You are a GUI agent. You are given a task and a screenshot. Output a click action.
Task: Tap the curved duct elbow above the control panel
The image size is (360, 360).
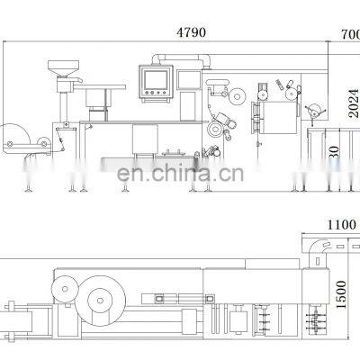[160, 58]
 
